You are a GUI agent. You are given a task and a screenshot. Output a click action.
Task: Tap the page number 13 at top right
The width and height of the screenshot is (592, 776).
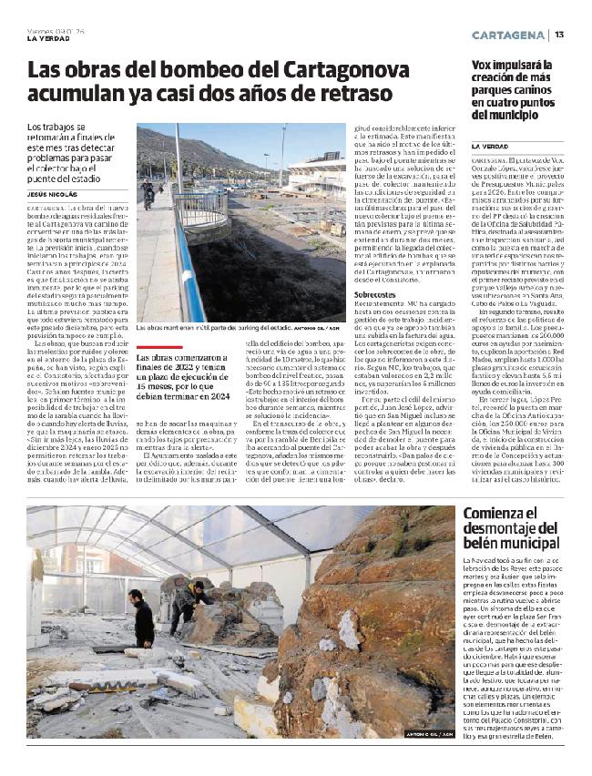[559, 35]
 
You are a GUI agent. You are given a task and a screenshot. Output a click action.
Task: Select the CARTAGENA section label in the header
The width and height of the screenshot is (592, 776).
[508, 35]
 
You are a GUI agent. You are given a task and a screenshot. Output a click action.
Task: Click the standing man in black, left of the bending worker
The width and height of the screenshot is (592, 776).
[142, 618]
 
